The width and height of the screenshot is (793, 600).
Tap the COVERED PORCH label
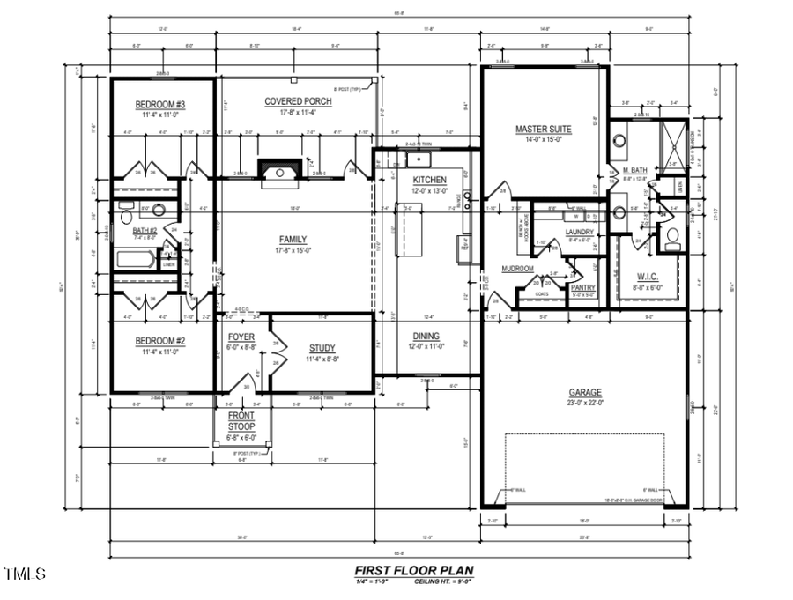(x=298, y=101)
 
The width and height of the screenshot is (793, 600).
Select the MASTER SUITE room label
(x=543, y=130)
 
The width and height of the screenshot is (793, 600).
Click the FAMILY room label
(x=293, y=239)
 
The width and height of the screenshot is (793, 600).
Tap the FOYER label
(x=241, y=337)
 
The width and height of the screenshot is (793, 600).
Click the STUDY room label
(x=322, y=348)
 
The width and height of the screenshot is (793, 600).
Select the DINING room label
(x=426, y=336)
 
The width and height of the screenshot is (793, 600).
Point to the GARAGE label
(x=584, y=392)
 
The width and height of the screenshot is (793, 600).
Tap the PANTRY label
(x=582, y=287)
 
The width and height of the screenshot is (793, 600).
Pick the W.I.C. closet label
(x=648, y=276)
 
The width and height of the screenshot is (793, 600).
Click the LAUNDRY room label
(x=580, y=232)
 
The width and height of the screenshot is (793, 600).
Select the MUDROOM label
(x=517, y=269)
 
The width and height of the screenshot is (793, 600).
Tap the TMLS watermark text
(x=24, y=574)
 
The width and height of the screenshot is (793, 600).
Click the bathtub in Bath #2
(x=137, y=261)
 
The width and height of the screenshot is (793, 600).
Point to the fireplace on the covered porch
(x=282, y=168)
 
